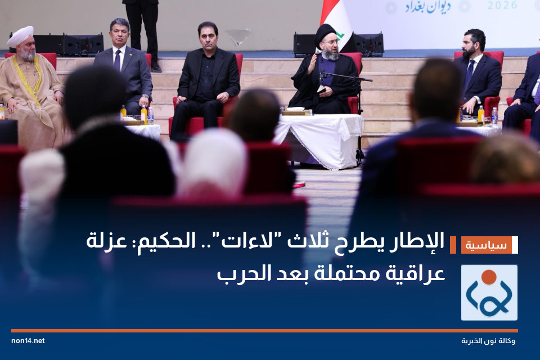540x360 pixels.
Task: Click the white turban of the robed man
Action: click(x=20, y=37)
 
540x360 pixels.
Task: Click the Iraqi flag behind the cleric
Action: click(x=337, y=20)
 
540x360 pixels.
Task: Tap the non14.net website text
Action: click(x=28, y=341)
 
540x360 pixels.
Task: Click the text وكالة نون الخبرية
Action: click(x=488, y=341)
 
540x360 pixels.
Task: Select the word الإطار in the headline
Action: click(x=423, y=242)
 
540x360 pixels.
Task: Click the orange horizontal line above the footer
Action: click(x=264, y=331)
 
